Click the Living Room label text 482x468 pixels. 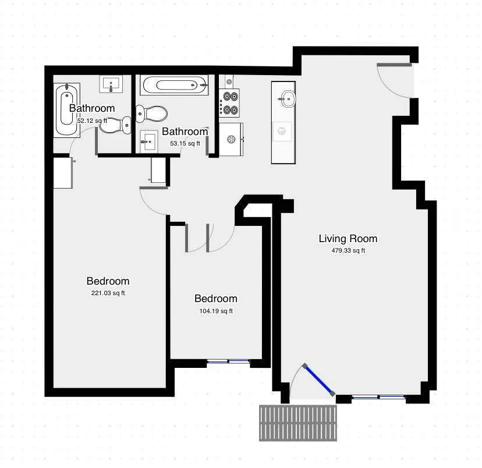(348, 239)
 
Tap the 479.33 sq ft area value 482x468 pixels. (348, 251)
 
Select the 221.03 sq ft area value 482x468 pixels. (108, 293)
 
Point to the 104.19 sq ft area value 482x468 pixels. (215, 311)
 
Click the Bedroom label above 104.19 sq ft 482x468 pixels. (215, 299)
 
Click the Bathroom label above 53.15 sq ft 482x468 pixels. (184, 132)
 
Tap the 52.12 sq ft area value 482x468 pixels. (92, 120)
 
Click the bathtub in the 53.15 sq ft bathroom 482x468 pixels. (174, 85)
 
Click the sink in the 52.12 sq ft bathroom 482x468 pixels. (112, 84)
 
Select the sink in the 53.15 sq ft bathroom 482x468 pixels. (149, 140)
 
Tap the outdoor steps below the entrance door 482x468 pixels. (298, 423)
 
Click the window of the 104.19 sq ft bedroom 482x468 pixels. (228, 361)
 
